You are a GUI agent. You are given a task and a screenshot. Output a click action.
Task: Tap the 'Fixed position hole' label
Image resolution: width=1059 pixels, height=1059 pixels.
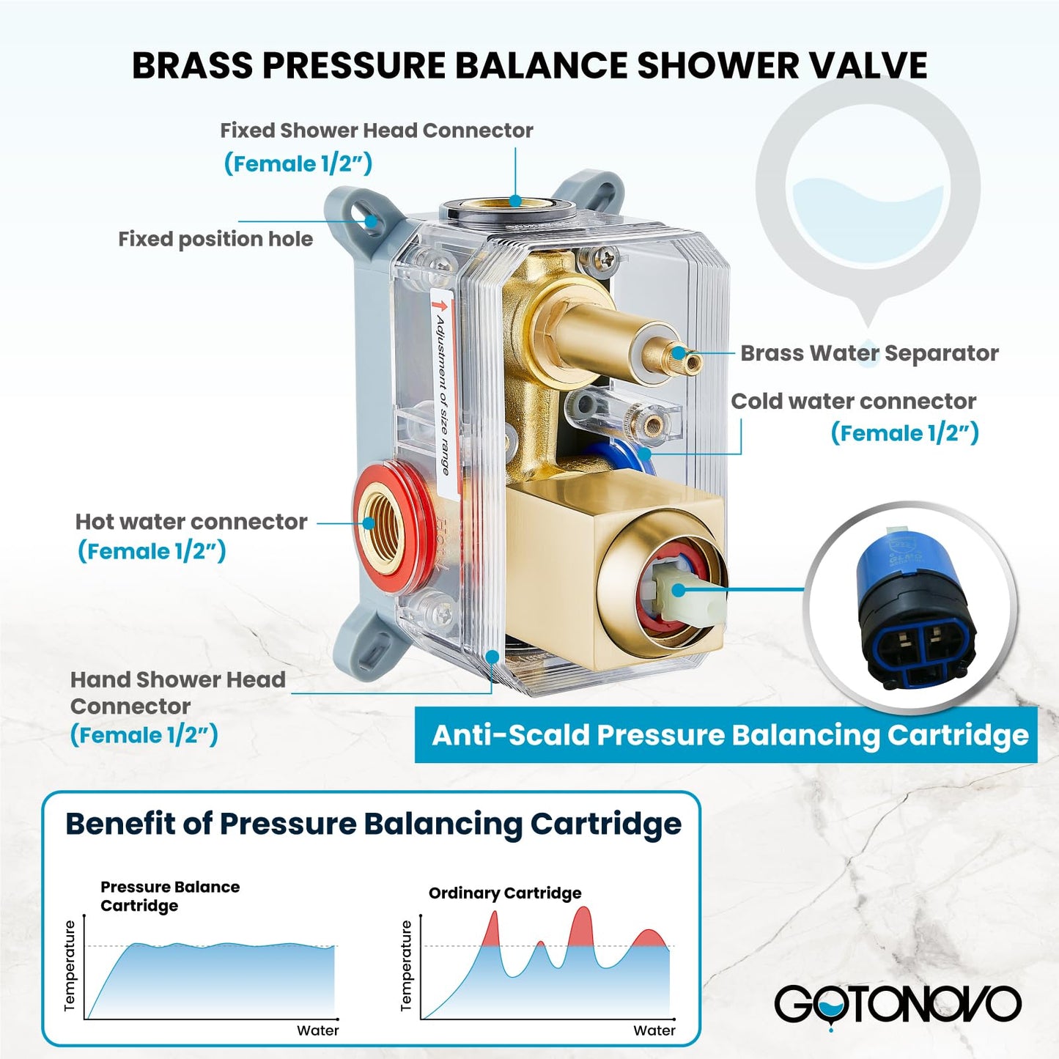coord(215,240)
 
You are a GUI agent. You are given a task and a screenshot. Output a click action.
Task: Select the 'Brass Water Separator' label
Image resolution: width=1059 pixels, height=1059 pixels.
coord(869,353)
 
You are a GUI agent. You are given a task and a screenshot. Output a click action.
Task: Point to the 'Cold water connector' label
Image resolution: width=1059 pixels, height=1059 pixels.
coord(853,402)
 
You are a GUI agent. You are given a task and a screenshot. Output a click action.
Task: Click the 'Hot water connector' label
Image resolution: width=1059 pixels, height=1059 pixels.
coord(191,522)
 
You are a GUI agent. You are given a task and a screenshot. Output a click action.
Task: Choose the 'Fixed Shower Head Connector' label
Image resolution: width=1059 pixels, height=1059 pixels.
coord(377,130)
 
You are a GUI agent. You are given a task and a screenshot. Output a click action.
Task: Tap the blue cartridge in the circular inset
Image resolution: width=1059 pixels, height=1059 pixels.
coord(913,608)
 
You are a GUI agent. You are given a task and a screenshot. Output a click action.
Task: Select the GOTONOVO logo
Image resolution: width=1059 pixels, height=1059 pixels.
coord(897,1005)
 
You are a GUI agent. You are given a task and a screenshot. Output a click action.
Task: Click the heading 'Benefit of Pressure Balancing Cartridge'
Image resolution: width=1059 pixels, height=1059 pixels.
coord(373,824)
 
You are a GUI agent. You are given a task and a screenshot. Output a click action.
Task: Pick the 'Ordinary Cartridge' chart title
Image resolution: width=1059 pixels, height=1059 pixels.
coord(505,893)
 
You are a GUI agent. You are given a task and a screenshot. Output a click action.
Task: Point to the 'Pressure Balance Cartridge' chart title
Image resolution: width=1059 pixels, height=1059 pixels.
coord(170,896)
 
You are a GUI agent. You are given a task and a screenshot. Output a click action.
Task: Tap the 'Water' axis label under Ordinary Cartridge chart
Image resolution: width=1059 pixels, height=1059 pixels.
coord(654,1030)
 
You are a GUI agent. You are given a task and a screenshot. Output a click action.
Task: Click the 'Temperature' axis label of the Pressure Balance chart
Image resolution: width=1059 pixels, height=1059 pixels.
coord(70,965)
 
